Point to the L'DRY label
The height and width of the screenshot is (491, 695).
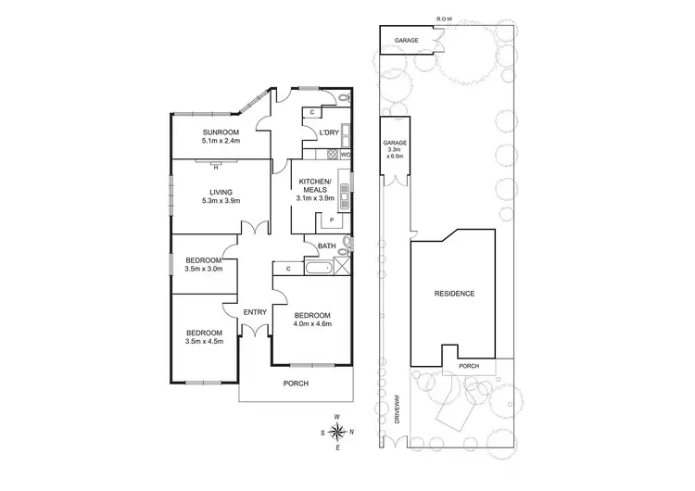pos(328,132)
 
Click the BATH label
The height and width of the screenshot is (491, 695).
pos(326,245)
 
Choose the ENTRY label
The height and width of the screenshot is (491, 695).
pos(254,312)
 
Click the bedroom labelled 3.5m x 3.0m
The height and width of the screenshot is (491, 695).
pos(202,265)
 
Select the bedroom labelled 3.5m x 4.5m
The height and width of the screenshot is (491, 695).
pos(204,337)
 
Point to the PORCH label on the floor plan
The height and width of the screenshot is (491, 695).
pos(296,384)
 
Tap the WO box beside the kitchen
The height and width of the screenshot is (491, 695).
pos(345,155)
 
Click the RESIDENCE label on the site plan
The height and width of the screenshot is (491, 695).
pos(454,294)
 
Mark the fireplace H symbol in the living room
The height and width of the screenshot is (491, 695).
pos(215,168)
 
